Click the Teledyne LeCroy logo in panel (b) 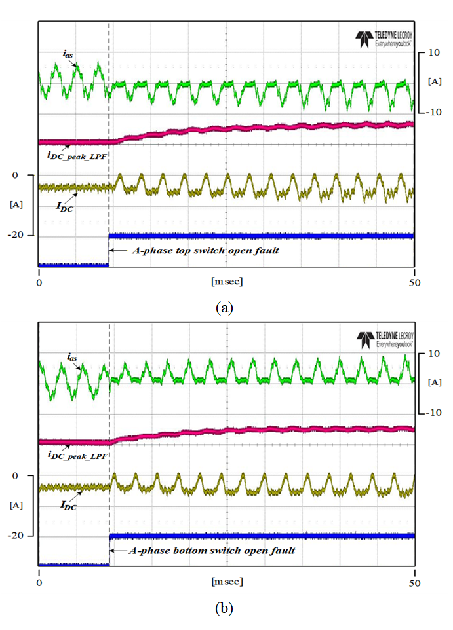click(384, 339)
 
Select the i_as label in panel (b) click(72, 358)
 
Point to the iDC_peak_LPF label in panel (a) click(77, 155)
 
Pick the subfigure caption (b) click(224, 608)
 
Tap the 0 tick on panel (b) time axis click(39, 582)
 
